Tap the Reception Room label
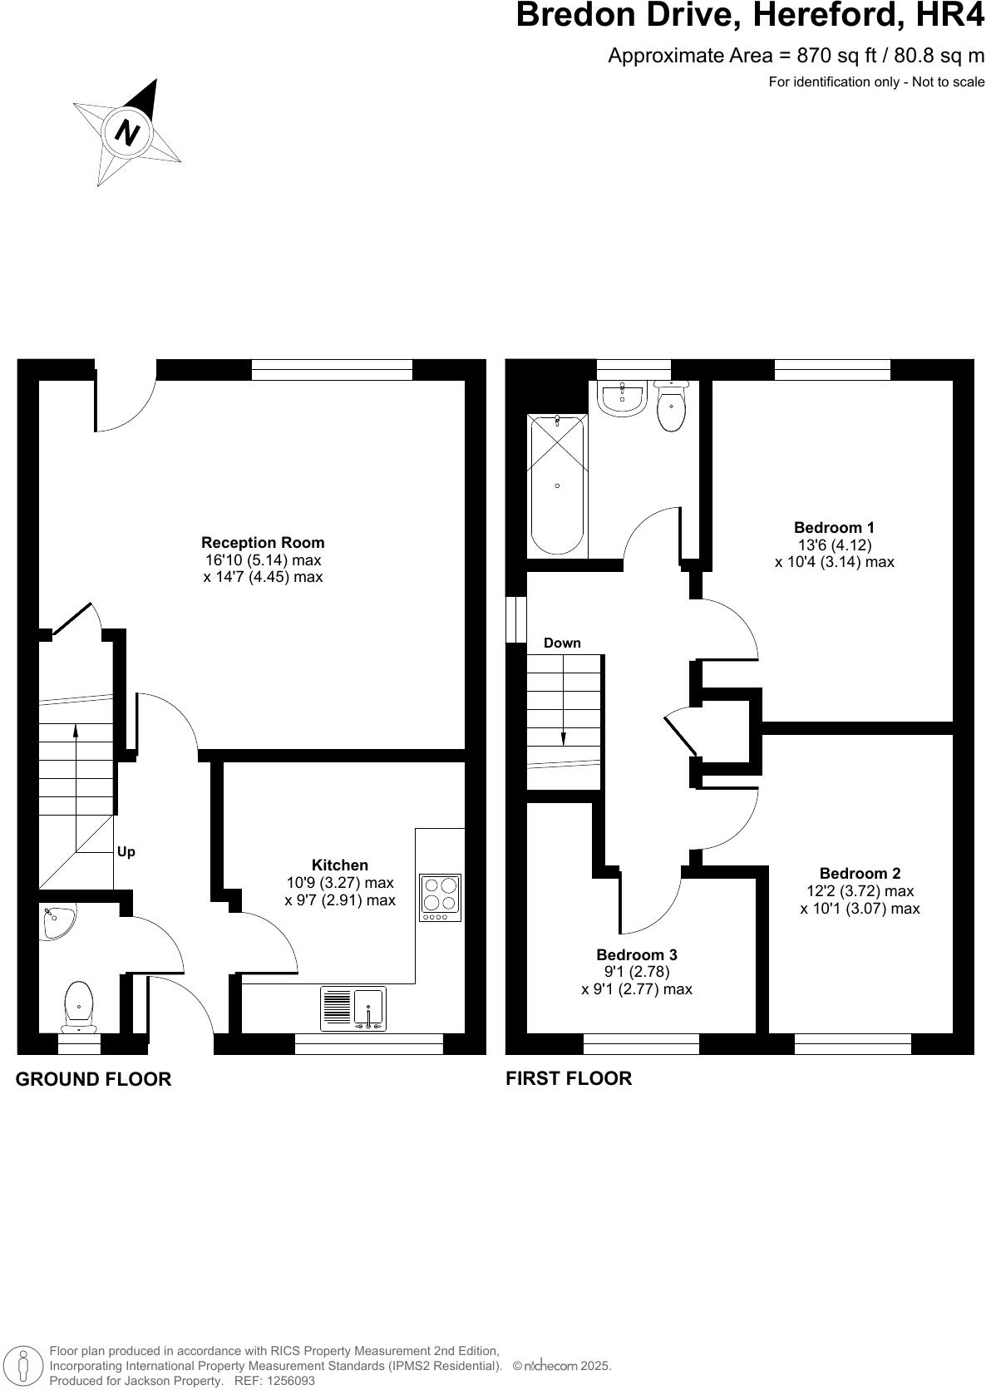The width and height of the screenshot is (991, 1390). click(263, 543)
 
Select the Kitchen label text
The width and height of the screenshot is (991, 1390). click(339, 865)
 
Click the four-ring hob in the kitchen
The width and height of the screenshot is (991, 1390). click(441, 896)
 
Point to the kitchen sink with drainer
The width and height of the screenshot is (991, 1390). click(353, 1008)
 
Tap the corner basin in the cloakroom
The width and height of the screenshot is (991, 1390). click(57, 921)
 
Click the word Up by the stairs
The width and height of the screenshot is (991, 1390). click(126, 852)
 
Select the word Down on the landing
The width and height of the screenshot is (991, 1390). click(562, 643)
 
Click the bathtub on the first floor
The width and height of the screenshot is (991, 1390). click(557, 486)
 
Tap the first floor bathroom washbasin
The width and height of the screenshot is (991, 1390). click(622, 400)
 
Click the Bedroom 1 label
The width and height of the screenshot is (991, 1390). click(834, 527)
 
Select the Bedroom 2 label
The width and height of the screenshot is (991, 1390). click(860, 873)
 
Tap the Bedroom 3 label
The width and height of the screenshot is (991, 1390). click(636, 955)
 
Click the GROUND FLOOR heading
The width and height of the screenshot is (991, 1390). click(93, 1079)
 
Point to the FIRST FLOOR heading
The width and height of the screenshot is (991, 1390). click(569, 1078)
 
